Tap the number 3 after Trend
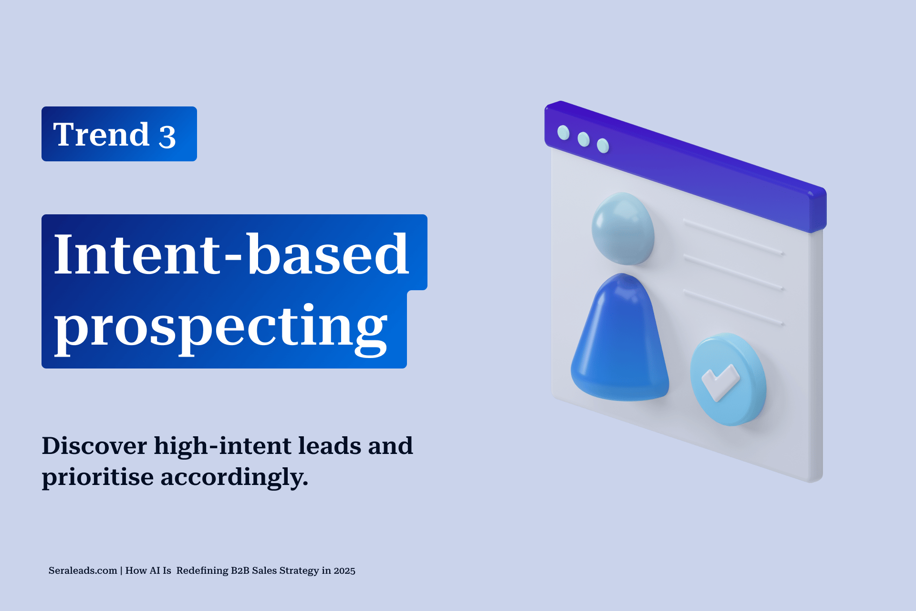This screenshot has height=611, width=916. click(167, 137)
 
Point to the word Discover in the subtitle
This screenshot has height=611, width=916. click(94, 445)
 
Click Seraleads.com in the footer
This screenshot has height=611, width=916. click(83, 570)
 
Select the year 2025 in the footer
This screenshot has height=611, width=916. click(344, 571)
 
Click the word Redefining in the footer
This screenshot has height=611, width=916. click(202, 571)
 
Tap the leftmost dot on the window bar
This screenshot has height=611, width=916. click(563, 132)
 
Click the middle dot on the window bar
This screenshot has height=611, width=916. click(583, 139)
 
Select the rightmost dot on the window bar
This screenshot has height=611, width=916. click(603, 146)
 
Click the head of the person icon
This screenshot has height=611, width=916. click(623, 229)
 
